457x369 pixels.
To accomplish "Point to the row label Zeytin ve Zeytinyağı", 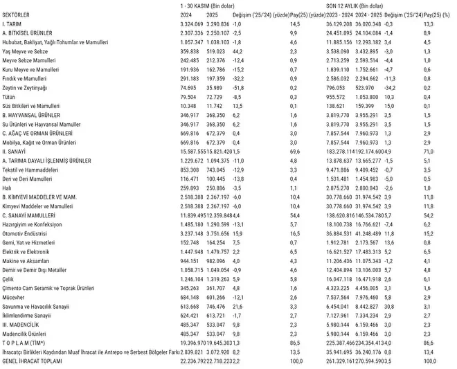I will (x=26, y=89).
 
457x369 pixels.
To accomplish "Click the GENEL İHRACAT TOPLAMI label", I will (x=33, y=361).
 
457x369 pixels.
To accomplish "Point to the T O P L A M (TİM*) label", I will (x=25, y=341).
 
